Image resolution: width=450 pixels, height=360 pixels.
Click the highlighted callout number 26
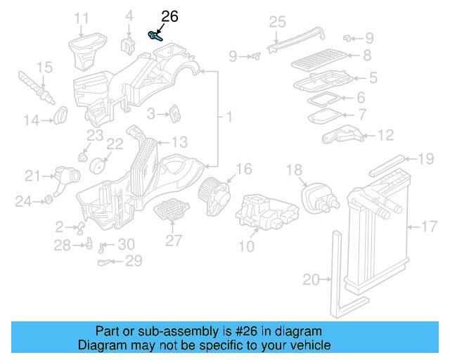[x=169, y=16]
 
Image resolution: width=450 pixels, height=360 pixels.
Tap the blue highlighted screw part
[x=155, y=35]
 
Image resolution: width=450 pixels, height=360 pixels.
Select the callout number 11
[x=82, y=17]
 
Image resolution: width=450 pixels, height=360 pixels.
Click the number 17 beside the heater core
[x=429, y=226]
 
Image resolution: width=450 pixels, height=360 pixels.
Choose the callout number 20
[x=311, y=280]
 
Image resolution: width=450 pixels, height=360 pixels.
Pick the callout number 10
[x=246, y=247]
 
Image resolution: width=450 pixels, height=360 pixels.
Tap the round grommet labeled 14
[x=62, y=113]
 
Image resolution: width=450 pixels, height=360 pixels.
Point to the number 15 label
[x=44, y=68]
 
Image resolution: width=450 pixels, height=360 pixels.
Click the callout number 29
[x=133, y=261]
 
